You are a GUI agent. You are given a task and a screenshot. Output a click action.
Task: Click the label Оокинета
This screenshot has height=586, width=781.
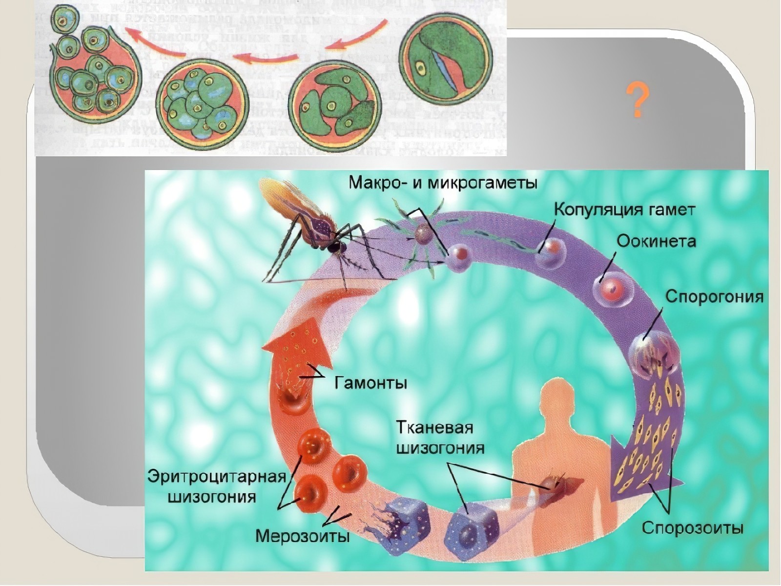[x=656, y=241]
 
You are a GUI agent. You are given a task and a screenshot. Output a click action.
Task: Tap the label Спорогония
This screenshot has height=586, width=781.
[x=714, y=297]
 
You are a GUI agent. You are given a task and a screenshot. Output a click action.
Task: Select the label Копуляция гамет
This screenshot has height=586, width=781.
[x=624, y=209]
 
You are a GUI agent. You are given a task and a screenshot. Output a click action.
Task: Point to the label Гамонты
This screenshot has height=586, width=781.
[x=370, y=382]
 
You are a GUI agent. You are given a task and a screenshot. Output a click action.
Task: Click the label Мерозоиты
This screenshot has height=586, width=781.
[x=303, y=536]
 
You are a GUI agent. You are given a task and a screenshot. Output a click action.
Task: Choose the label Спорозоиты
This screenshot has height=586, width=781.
[x=692, y=528]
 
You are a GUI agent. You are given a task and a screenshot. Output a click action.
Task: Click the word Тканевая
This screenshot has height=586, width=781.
[x=434, y=428]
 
